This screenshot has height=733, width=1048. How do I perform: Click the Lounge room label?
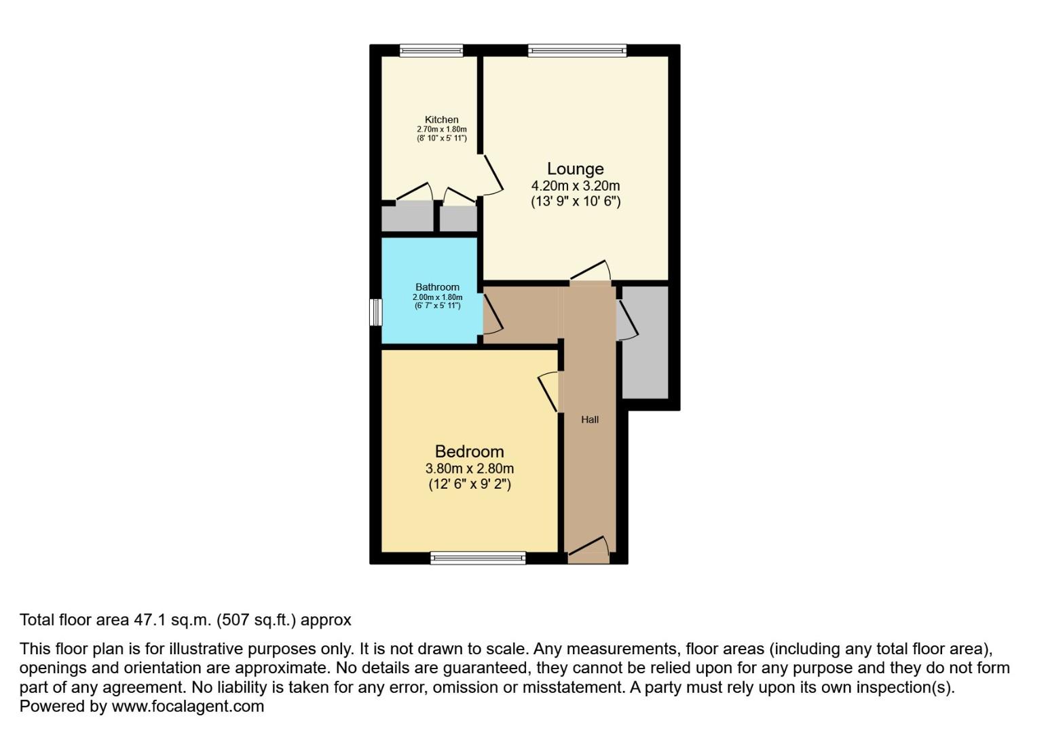[575, 169]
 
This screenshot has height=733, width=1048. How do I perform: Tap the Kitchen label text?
[441, 120]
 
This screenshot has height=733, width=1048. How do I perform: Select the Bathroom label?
[437, 287]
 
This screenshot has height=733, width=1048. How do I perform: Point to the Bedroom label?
[469, 451]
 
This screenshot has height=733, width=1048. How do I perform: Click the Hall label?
[590, 419]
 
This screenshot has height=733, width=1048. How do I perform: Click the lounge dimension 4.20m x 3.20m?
[575, 186]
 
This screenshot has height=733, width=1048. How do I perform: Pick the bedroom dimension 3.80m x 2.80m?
[469, 468]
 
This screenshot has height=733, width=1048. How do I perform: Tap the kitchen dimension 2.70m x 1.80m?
[441, 129]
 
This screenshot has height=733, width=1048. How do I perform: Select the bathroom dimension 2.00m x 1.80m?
[437, 297]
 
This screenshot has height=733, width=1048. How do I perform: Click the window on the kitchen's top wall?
[431, 50]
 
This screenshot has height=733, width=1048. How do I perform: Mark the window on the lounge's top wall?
[577, 50]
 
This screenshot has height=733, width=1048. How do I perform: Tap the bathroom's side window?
[375, 312]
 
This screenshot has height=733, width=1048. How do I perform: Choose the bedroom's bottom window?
[478, 559]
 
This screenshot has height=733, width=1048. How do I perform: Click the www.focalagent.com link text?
[187, 706]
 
